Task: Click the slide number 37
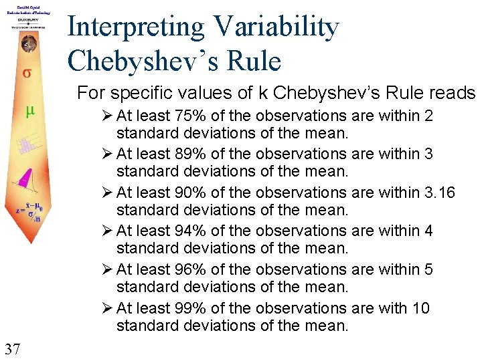(x=11, y=348)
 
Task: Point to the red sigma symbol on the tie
(x=27, y=73)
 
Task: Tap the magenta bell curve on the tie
(x=25, y=175)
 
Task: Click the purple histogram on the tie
(x=27, y=144)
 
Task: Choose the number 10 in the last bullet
(x=422, y=308)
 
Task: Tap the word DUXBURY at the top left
(x=27, y=20)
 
